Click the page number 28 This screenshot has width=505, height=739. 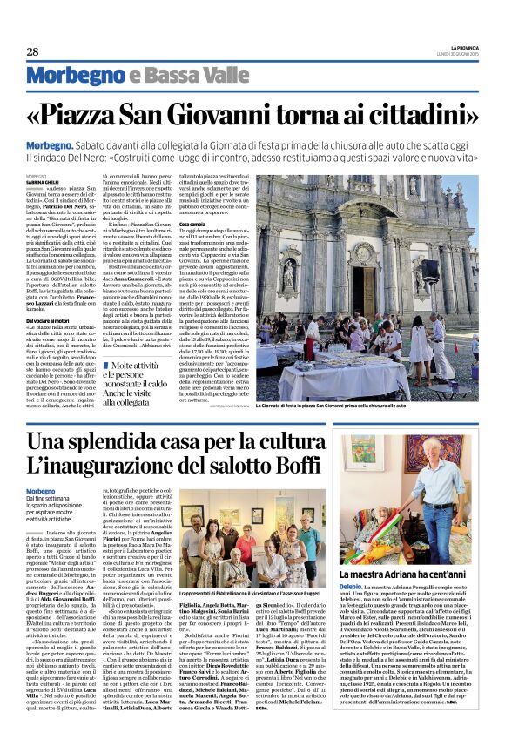32,52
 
